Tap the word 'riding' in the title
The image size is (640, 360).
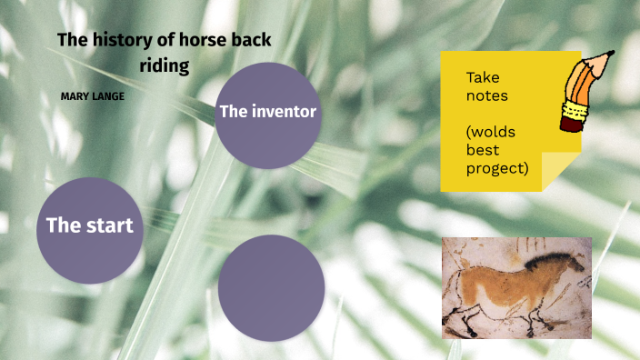point(164,65)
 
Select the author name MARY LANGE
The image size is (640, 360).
point(92,95)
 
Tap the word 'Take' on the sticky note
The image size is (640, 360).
point(483,77)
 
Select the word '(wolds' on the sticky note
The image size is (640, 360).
point(491,132)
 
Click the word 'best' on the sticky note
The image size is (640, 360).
point(483,150)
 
